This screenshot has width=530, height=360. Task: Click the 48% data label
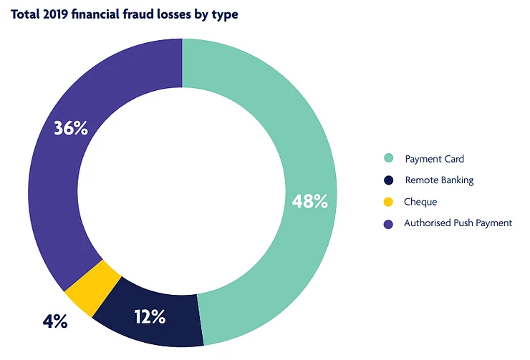click(x=310, y=201)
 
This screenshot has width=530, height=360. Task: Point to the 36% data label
click(x=71, y=129)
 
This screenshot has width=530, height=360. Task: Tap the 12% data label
click(x=148, y=316)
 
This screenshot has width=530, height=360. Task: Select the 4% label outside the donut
click(x=54, y=322)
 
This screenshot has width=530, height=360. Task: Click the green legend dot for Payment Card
click(x=388, y=159)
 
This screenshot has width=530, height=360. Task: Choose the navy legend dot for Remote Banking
click(x=388, y=180)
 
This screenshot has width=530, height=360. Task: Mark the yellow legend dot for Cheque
click(x=388, y=202)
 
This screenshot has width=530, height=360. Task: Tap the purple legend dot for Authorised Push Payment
click(x=388, y=223)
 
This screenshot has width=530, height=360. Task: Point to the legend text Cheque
click(x=420, y=202)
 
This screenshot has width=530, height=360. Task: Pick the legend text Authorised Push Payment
click(x=458, y=223)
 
